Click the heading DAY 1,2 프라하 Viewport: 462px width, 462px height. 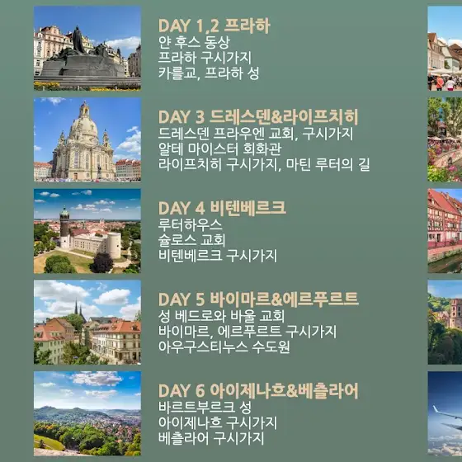pos(214,26)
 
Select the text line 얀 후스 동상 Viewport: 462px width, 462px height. pos(194,42)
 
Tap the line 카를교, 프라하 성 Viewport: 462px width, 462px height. pos(209,73)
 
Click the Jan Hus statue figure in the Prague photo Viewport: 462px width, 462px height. pos(78,40)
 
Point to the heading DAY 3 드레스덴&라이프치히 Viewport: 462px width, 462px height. pos(258,117)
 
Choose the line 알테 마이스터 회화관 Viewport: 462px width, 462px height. pos(219,149)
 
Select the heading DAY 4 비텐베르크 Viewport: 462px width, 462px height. pos(222,208)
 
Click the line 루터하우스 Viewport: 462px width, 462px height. pos(190,224)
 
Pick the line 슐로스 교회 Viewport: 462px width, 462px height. pos(191,240)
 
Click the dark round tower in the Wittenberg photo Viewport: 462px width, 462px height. pos(64,227)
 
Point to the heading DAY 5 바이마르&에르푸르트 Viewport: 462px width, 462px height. pos(258,299)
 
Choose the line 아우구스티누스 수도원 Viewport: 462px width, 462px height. pos(224,346)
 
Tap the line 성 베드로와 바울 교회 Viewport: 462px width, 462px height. pos(221,316)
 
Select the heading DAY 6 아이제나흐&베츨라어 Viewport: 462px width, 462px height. pos(258,391)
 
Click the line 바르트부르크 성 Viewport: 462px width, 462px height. pos(205,408)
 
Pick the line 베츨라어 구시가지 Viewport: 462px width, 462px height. pos(211,438)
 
